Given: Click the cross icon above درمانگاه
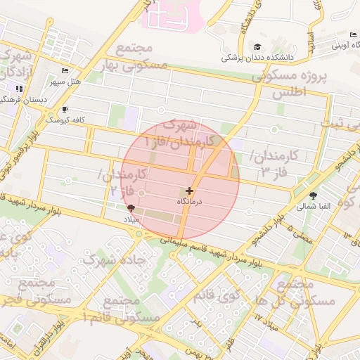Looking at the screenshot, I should [x=189, y=191].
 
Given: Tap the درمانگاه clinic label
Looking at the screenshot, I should [x=189, y=202].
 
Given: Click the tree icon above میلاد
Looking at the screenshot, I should [x=131, y=208].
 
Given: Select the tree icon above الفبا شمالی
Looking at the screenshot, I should [x=312, y=196].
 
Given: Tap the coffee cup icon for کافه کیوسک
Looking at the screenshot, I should [x=65, y=110].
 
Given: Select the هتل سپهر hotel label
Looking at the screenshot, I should [x=65, y=81].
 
